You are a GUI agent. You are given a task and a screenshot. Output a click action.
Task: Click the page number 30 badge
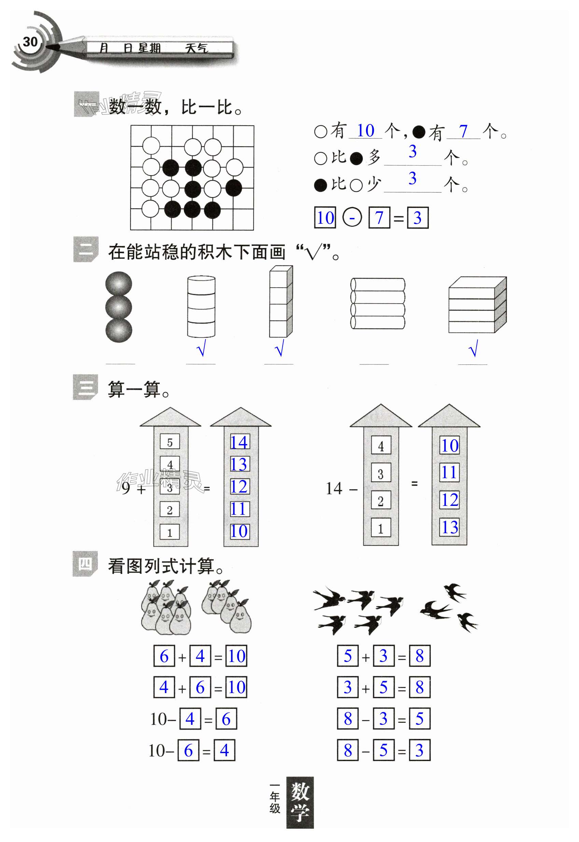(30, 42)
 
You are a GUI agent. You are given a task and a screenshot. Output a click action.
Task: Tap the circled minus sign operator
(352, 218)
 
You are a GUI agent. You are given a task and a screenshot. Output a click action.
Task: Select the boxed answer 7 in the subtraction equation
(379, 218)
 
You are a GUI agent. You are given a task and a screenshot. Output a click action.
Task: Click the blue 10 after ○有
(365, 130)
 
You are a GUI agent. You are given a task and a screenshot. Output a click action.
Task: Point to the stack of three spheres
(118, 307)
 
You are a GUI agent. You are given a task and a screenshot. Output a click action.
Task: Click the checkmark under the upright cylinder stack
(201, 348)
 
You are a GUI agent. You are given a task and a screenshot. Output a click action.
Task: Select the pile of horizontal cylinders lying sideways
(377, 304)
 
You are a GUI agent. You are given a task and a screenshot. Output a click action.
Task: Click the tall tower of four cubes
(280, 302)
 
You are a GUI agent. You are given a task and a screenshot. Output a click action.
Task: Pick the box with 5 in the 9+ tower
(170, 443)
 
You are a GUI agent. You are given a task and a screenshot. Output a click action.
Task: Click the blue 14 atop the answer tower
(239, 443)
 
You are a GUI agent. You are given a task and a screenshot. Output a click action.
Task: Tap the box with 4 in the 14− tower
(381, 446)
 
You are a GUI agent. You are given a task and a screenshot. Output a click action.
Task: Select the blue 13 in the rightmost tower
(450, 527)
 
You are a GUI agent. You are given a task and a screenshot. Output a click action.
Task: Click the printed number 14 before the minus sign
(334, 489)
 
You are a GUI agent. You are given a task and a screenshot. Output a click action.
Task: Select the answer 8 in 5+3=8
(420, 656)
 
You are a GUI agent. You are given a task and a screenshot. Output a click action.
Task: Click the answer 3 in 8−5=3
(419, 750)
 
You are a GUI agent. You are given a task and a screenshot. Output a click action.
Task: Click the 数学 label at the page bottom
(300, 803)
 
